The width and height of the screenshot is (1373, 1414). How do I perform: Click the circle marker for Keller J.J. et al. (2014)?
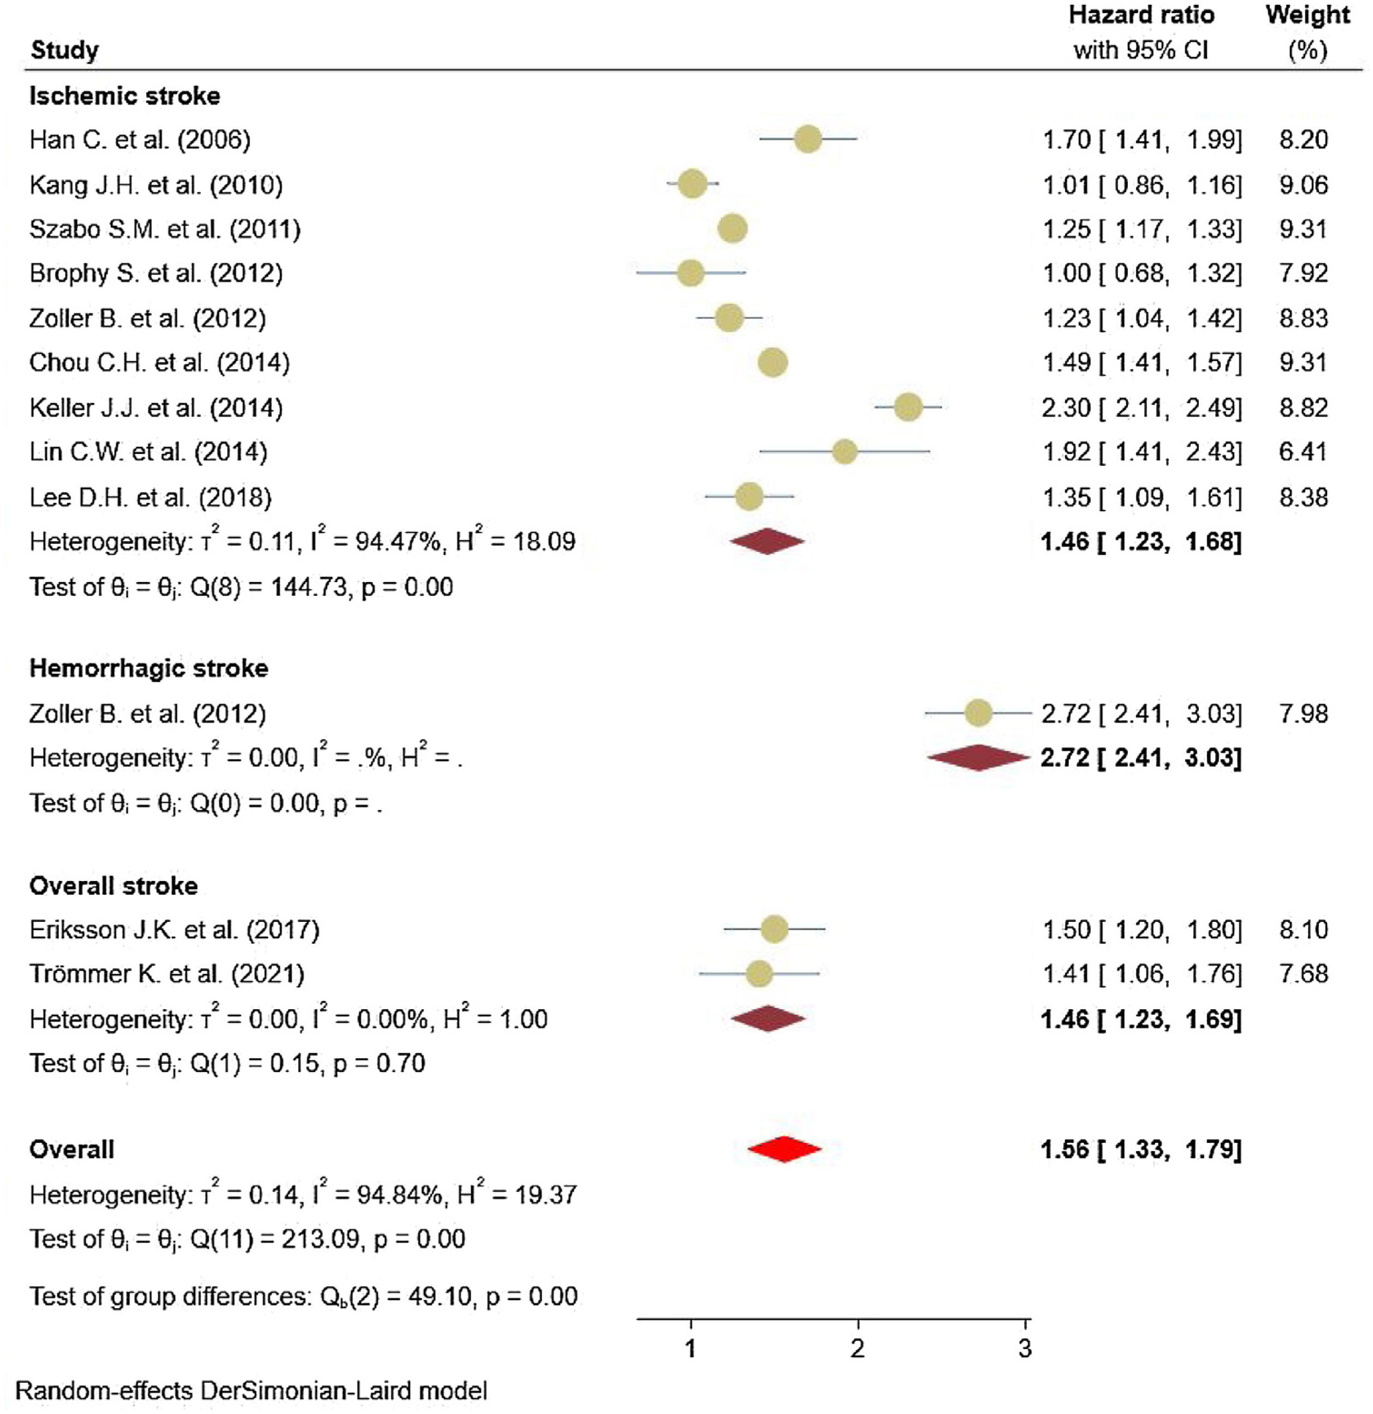click(x=907, y=408)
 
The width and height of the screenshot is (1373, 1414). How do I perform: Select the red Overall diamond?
click(x=784, y=1149)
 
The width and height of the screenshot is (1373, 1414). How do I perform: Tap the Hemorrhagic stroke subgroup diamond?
click(x=978, y=758)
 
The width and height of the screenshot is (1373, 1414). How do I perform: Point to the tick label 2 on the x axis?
click(x=858, y=1347)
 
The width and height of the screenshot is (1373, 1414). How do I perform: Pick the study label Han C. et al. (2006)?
click(x=140, y=139)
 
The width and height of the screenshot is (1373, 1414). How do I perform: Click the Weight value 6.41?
click(x=1303, y=452)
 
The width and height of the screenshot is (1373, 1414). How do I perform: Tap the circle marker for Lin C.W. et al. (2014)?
click(x=845, y=452)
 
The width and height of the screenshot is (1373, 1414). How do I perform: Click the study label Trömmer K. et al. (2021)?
click(x=167, y=974)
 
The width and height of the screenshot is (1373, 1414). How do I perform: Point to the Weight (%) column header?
click(x=1307, y=33)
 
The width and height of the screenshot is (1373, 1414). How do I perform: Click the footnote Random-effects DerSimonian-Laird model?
click(x=251, y=1390)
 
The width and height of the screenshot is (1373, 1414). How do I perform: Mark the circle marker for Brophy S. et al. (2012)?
click(x=691, y=273)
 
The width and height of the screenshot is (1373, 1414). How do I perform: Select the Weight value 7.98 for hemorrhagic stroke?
click(x=1303, y=714)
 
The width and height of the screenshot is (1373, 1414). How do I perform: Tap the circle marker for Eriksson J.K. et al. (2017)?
click(x=775, y=929)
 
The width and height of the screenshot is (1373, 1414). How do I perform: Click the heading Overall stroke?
click(x=114, y=885)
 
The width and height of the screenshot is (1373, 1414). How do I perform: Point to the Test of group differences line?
click(x=303, y=1296)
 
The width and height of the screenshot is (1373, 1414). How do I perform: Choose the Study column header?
click(x=65, y=51)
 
